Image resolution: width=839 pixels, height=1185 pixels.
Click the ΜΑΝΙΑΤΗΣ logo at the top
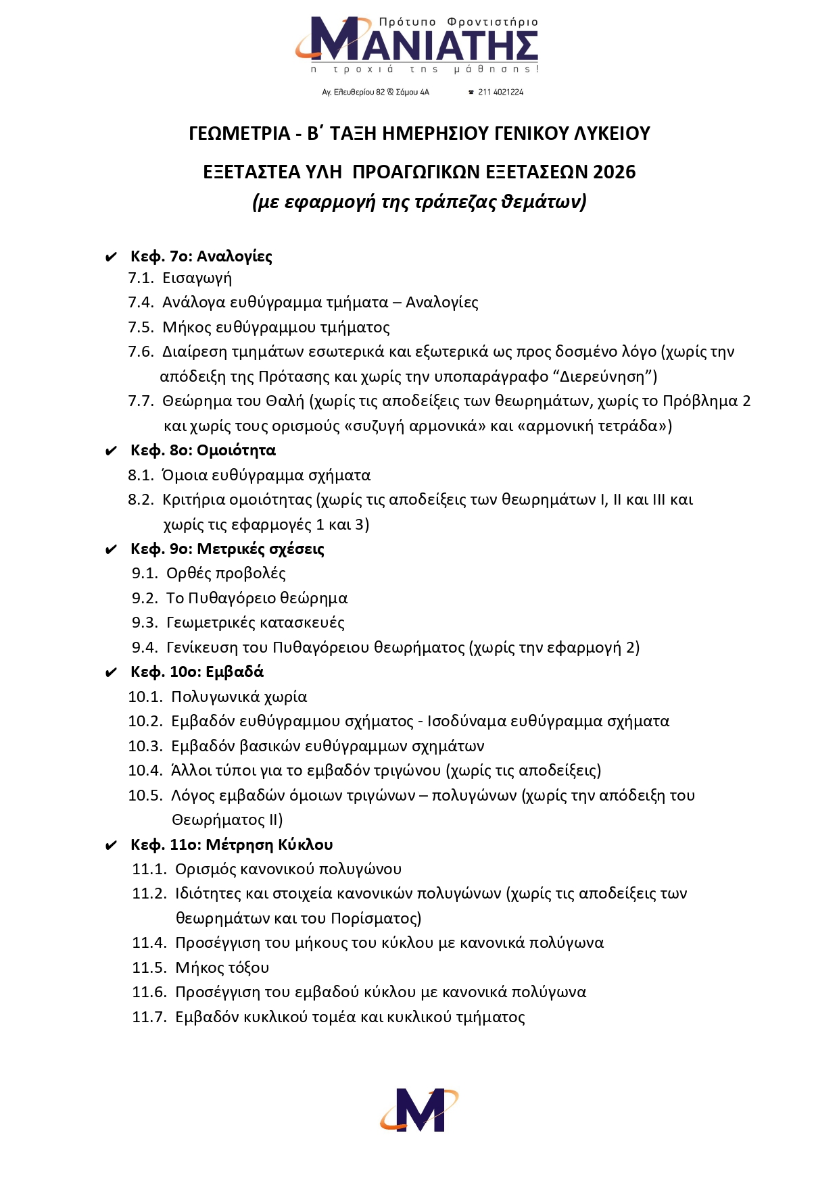coord(417,45)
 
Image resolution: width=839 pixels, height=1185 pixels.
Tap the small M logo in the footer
coord(418,1109)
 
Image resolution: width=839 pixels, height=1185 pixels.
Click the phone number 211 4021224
coord(500,92)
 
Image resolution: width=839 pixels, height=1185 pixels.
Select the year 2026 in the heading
coord(615,172)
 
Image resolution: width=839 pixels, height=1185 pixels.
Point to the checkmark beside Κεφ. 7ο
coord(111,257)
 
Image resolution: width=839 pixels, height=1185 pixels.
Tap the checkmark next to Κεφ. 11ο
coord(111,846)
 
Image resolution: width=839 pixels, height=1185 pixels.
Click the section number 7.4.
coord(141,303)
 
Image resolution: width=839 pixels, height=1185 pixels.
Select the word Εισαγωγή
coord(197,278)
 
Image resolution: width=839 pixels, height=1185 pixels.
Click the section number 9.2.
coord(145,599)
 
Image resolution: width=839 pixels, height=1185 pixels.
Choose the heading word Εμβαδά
coord(235,672)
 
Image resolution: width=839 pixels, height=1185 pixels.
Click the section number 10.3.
coord(145,747)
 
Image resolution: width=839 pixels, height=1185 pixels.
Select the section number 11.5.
coord(149,968)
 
